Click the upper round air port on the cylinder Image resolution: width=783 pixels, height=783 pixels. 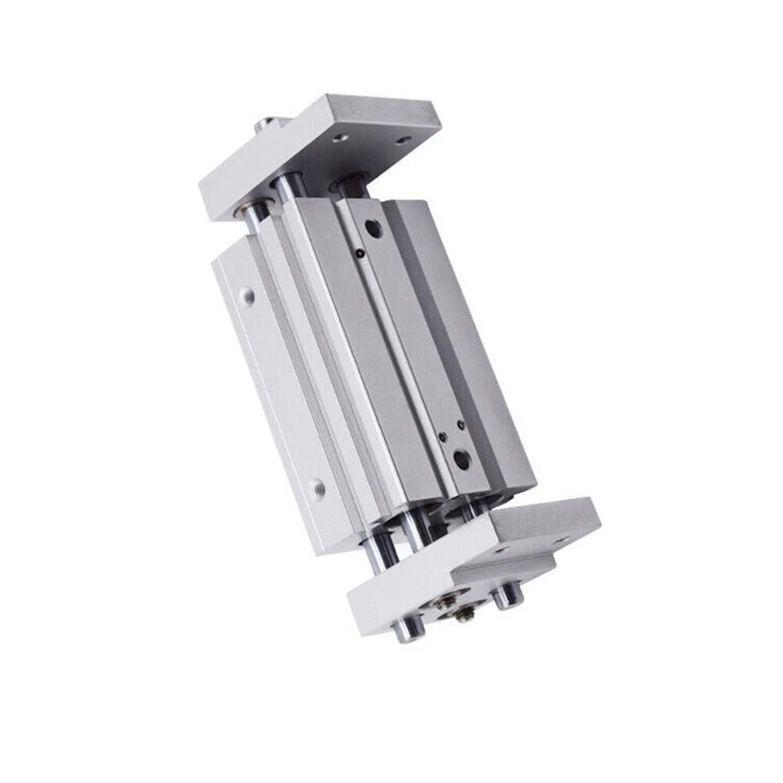(373, 229)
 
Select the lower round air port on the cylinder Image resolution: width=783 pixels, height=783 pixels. (462, 459)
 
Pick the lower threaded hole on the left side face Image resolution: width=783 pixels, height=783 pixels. (317, 489)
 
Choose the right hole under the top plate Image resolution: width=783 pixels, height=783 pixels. (401, 139)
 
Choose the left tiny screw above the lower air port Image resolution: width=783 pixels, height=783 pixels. (443, 436)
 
